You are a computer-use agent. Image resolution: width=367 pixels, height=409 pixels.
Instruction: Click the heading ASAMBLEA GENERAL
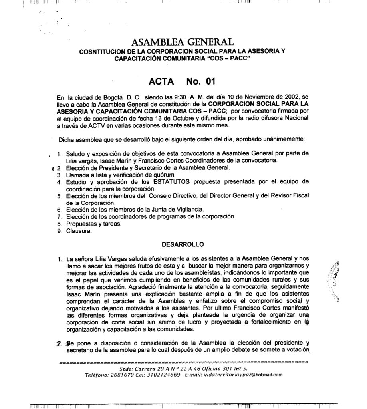(181, 42)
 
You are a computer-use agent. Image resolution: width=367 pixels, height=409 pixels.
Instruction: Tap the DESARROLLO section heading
(182, 244)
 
